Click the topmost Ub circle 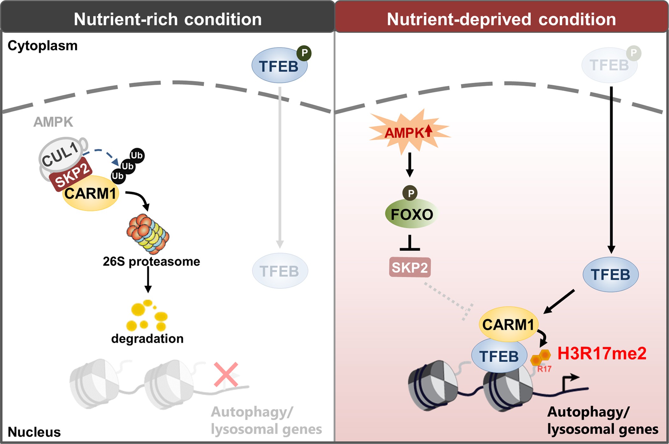(x=137, y=155)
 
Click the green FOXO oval (x=412, y=214)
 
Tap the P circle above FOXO (x=410, y=193)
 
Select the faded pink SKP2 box (x=410, y=268)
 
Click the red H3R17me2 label (x=601, y=353)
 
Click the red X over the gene (x=226, y=375)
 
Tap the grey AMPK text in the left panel (x=53, y=122)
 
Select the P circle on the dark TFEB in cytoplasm (x=304, y=53)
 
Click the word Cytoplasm (x=42, y=46)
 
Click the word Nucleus (x=34, y=432)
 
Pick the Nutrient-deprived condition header (x=501, y=19)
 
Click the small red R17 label (x=544, y=369)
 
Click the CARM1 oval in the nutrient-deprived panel (x=508, y=325)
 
